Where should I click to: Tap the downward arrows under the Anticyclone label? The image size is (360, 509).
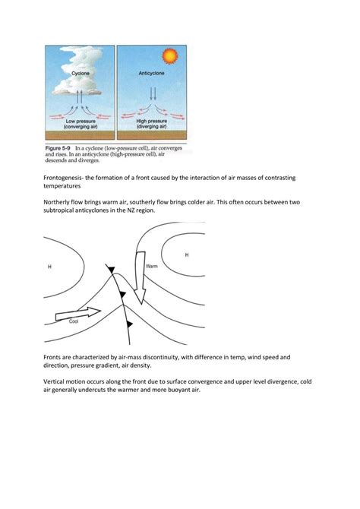(x=152, y=94)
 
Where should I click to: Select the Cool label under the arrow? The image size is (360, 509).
(x=74, y=321)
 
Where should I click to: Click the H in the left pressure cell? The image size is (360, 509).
(x=50, y=267)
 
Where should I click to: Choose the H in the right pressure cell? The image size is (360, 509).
(x=187, y=255)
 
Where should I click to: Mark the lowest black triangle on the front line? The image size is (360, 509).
(x=130, y=324)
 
